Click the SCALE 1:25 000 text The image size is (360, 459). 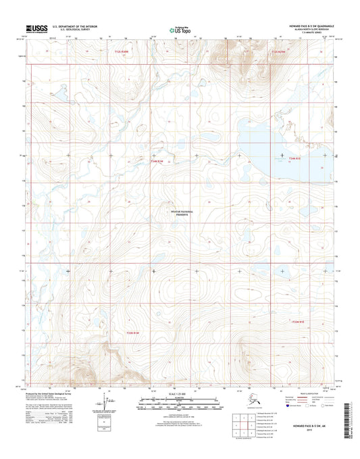[180, 394]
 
